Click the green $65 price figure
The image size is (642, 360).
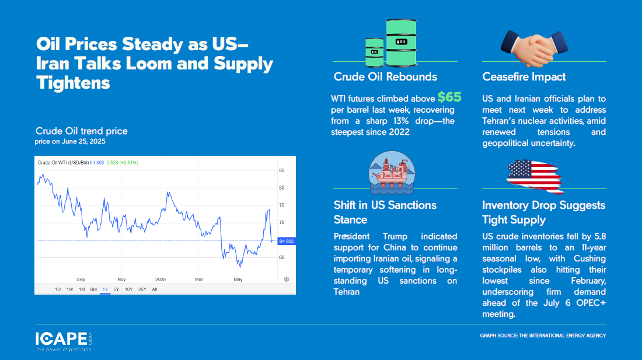click(x=449, y=97)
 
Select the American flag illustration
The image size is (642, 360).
click(x=534, y=176)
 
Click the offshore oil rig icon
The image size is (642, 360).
click(x=392, y=173)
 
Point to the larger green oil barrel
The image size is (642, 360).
click(x=402, y=43)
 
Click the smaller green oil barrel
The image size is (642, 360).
click(x=375, y=53)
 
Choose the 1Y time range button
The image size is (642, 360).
click(x=105, y=289)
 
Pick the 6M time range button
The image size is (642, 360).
click(x=93, y=289)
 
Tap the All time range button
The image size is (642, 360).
click(x=154, y=289)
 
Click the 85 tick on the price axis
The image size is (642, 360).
click(x=282, y=170)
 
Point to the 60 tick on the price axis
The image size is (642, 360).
click(x=282, y=257)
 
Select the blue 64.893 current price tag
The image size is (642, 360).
click(x=286, y=242)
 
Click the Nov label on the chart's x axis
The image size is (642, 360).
click(x=121, y=279)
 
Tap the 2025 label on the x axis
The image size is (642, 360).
click(x=160, y=279)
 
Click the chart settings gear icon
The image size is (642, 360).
click(x=287, y=279)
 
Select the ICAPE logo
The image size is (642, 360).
click(x=64, y=341)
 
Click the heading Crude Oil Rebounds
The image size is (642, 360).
click(x=385, y=77)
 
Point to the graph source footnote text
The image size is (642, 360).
click(x=543, y=335)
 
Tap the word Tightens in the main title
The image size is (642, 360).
click(x=73, y=83)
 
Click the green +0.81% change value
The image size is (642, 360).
click(x=129, y=162)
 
